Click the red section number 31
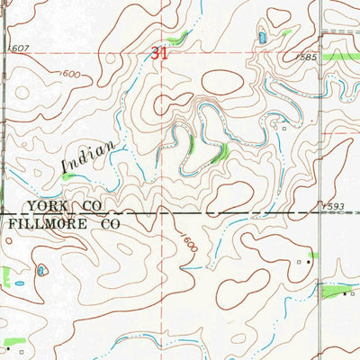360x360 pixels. tap(159, 54)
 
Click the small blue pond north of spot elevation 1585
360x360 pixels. tap(262, 38)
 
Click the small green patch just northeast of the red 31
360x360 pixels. tap(181, 37)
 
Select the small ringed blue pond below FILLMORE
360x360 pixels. tap(41, 269)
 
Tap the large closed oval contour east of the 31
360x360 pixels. tap(223, 83)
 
